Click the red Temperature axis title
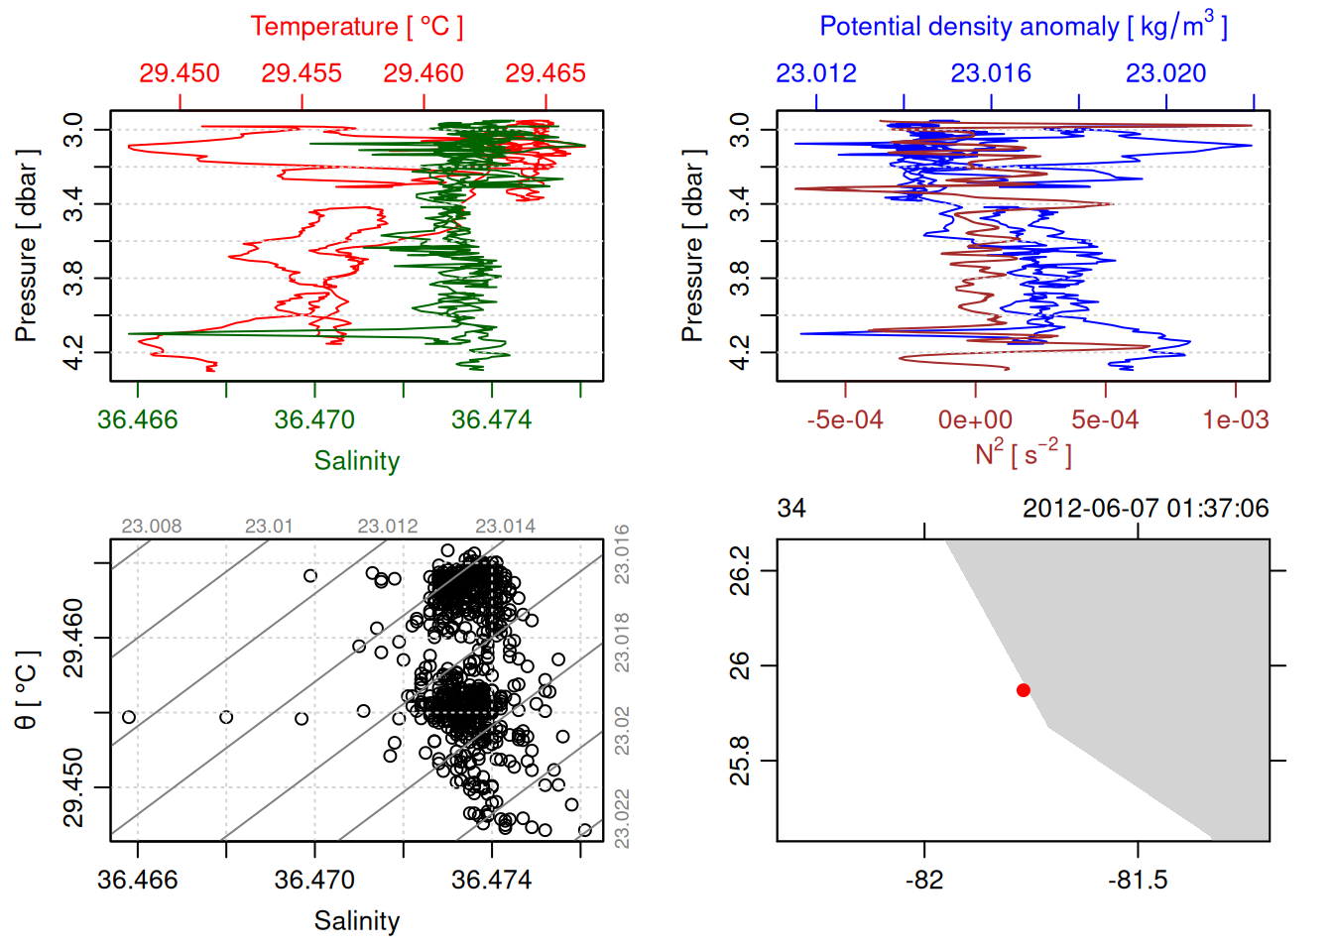356,27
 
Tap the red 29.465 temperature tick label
545,73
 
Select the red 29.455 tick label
302,73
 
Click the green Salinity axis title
356,461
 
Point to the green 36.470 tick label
314,420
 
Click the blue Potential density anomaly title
1023,27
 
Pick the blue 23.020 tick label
1165,73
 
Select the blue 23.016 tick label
991,73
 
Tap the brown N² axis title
1023,454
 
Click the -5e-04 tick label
845,420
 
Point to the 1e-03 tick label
1235,420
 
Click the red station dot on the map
1024,690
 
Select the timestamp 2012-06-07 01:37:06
1146,509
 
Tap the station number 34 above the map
791,509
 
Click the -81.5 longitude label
1138,881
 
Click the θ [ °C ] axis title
27,690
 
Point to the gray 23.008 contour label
152,527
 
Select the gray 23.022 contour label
622,818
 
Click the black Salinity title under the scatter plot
356,921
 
